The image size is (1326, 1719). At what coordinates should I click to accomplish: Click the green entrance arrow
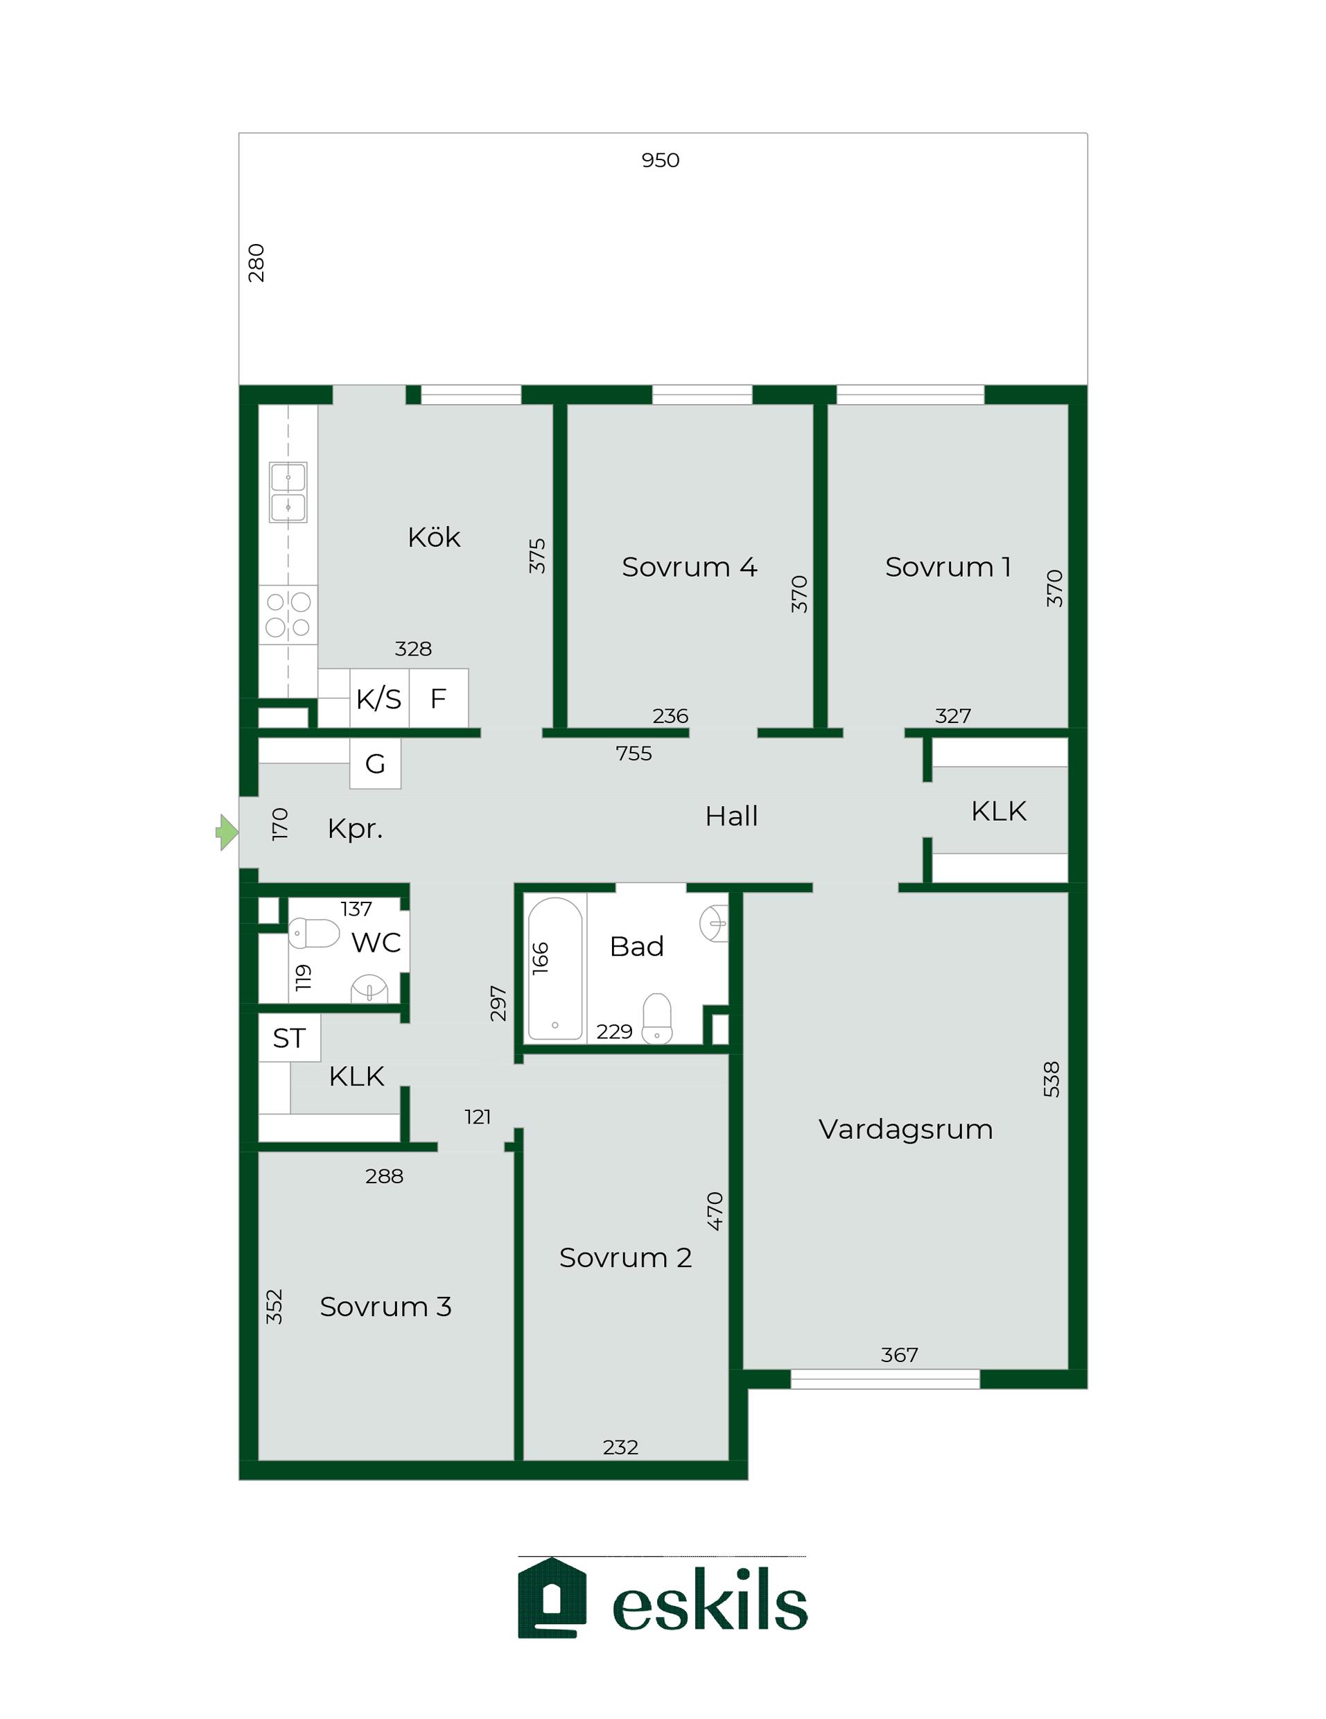pyautogui.click(x=227, y=832)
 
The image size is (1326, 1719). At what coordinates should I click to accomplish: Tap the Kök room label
pyautogui.click(x=434, y=538)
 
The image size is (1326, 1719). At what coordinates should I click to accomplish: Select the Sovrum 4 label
pyautogui.click(x=690, y=567)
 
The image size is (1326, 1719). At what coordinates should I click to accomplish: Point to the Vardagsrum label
pyautogui.click(x=905, y=1129)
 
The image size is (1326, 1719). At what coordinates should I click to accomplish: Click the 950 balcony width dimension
pyautogui.click(x=661, y=161)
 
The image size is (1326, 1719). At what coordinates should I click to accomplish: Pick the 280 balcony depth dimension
pyautogui.click(x=256, y=263)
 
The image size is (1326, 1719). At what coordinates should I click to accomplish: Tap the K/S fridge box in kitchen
pyautogui.click(x=379, y=698)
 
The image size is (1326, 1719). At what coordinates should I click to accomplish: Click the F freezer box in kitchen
pyautogui.click(x=438, y=698)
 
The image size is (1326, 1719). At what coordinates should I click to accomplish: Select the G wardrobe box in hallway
pyautogui.click(x=376, y=763)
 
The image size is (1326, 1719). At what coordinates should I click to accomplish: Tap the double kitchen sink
pyautogui.click(x=288, y=493)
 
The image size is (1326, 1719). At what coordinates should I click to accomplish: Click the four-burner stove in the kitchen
pyautogui.click(x=288, y=615)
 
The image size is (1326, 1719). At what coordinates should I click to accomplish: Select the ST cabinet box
pyautogui.click(x=290, y=1038)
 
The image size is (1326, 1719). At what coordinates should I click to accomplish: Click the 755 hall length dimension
pyautogui.click(x=634, y=754)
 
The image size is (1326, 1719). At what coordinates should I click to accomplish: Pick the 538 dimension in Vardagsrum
pyautogui.click(x=1052, y=1079)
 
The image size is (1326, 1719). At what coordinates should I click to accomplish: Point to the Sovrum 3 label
pyautogui.click(x=385, y=1307)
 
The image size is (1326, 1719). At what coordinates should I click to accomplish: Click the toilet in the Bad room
pyautogui.click(x=657, y=1018)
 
